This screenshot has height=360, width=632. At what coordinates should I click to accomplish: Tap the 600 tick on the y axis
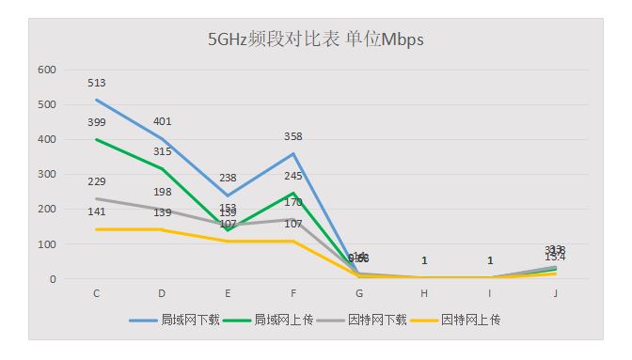[47, 70]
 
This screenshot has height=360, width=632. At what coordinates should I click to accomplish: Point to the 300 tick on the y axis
[47, 175]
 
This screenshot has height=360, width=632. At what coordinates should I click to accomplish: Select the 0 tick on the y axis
[54, 279]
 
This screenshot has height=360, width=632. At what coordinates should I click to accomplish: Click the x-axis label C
[97, 294]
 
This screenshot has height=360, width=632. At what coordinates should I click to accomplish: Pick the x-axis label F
[293, 294]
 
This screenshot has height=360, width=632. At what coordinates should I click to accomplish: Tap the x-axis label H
[424, 294]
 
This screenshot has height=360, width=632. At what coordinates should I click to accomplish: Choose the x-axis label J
[556, 294]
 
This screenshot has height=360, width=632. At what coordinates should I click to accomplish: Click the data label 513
[97, 83]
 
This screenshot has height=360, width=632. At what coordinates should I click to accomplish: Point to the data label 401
[163, 121]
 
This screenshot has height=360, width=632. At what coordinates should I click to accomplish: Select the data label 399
[97, 122]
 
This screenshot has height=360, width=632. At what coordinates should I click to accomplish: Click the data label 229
[97, 181]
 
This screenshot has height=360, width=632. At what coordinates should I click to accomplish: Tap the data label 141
[97, 212]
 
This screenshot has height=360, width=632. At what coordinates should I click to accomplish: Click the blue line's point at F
[293, 154]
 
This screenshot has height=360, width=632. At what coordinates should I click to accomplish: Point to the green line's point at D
[163, 169]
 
